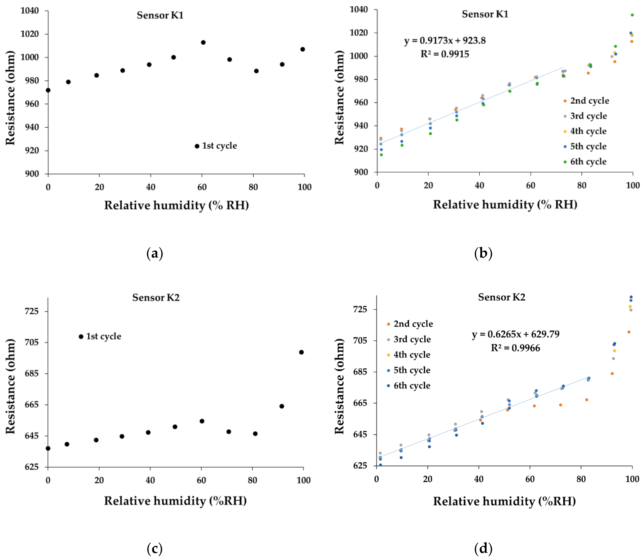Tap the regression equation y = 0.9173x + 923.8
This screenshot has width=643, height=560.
point(445,41)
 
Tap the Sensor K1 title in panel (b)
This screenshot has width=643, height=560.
point(485,14)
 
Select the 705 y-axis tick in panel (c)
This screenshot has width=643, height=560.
point(32,342)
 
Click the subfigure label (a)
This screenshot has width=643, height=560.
point(155,253)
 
